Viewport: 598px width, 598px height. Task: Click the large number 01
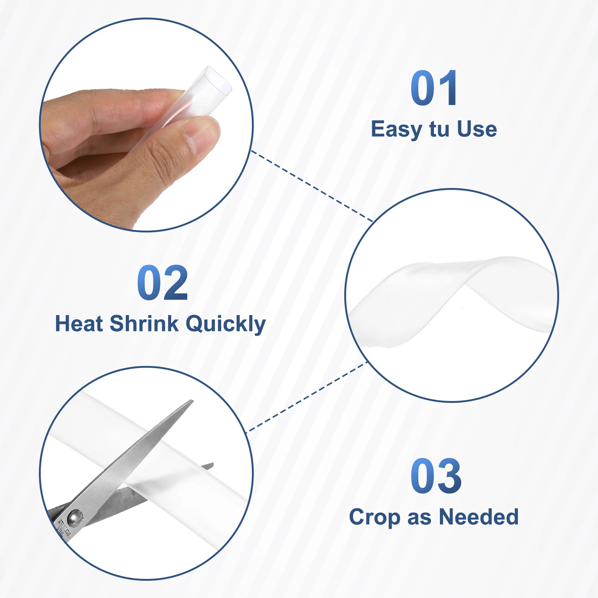(434, 88)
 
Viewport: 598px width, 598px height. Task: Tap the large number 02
(163, 283)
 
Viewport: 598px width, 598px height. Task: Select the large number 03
(436, 476)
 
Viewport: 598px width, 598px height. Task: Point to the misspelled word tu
(439, 129)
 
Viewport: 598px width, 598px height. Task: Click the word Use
(477, 129)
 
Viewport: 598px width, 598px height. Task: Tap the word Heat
(79, 323)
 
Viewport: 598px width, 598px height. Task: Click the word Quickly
(226, 324)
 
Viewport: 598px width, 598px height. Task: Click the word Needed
(479, 517)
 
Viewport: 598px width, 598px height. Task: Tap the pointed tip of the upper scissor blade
(192, 401)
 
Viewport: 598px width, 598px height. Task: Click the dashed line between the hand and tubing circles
(312, 186)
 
